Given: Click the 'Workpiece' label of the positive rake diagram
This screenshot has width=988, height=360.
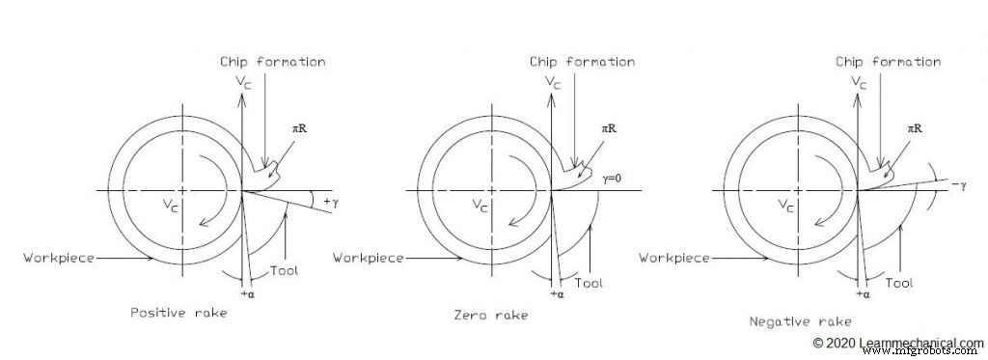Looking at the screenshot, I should tap(60, 257).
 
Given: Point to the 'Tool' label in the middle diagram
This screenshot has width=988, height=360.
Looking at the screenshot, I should tap(589, 283).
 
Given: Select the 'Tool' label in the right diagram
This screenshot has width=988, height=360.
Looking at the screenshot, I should tap(898, 283).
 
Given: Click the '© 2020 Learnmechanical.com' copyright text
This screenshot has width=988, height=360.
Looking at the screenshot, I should tap(897, 343).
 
